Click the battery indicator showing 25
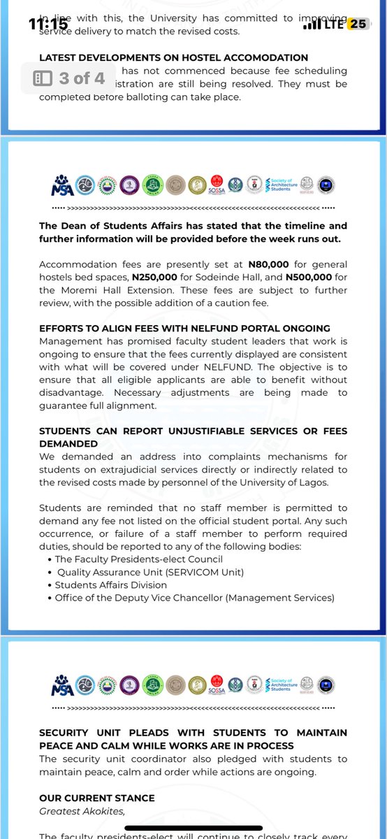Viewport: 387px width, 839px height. tap(358, 24)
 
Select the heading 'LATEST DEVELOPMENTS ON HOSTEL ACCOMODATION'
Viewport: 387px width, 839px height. tap(174, 57)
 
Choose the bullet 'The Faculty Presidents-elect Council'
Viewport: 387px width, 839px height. tap(139, 559)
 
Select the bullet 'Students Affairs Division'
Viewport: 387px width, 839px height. tap(111, 585)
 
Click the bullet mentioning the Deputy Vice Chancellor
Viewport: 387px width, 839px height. tap(195, 598)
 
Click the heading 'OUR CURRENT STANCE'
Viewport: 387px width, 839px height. tap(97, 798)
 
